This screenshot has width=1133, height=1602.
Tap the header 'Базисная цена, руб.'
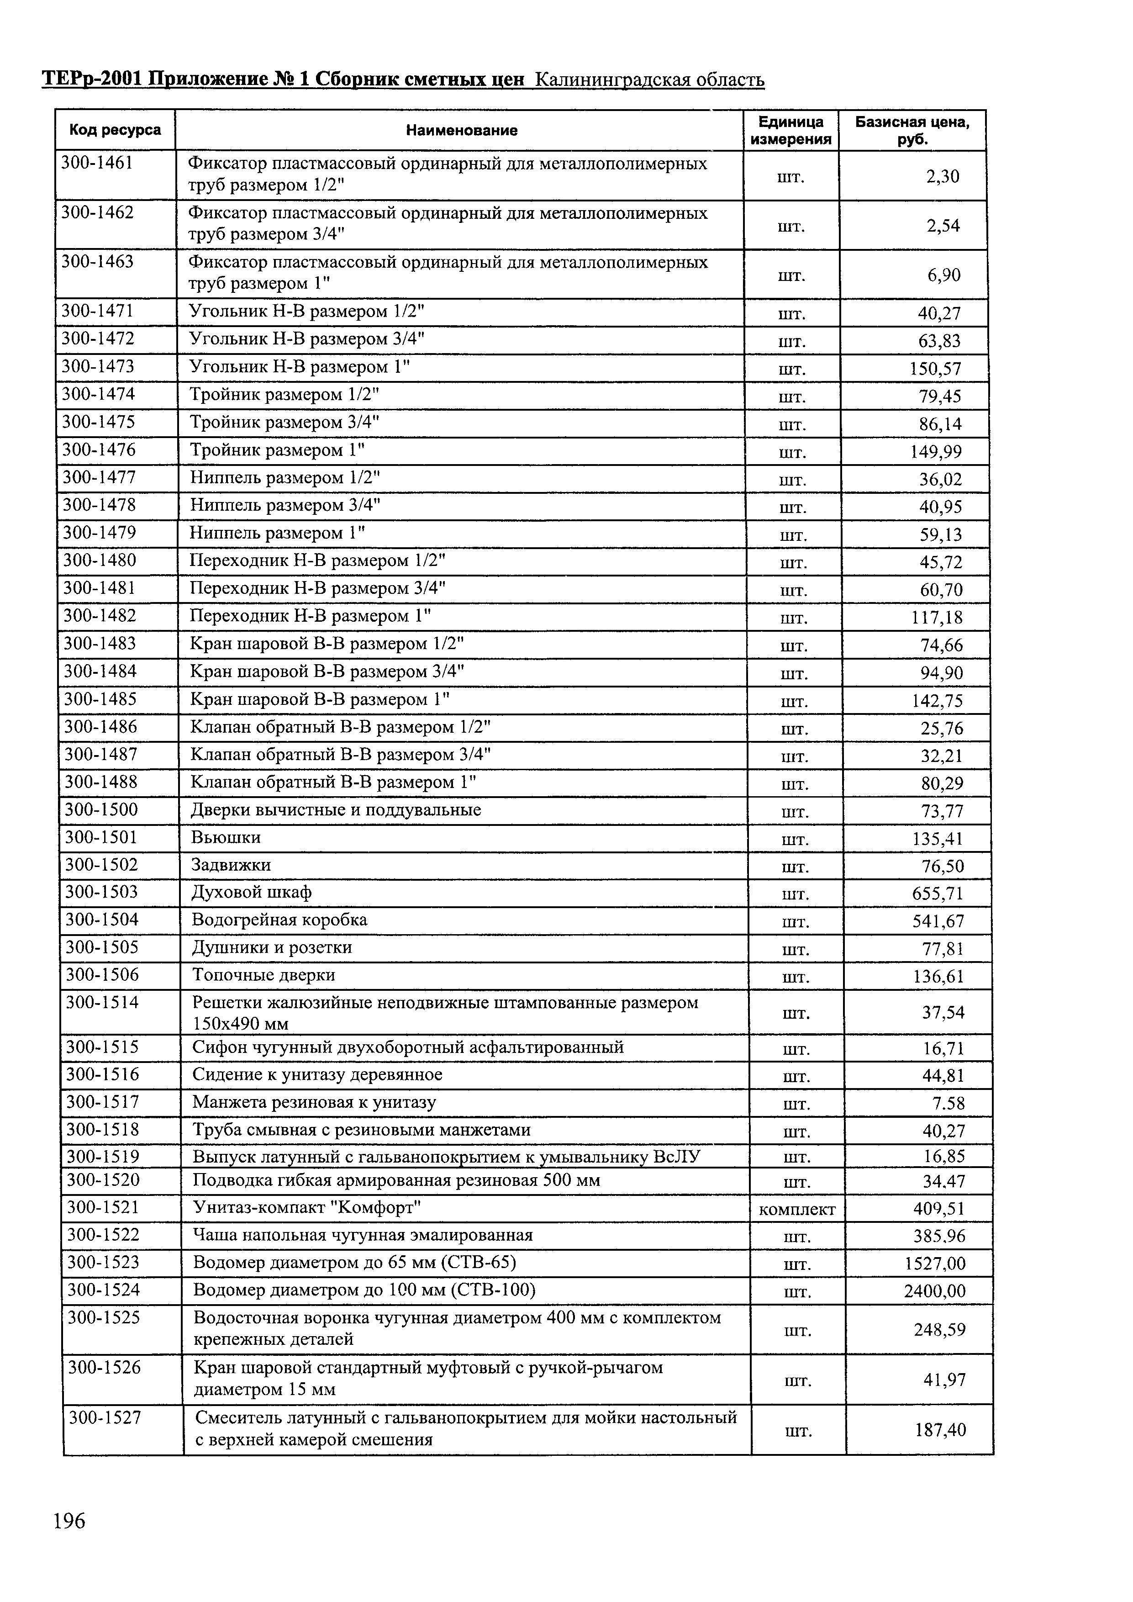coord(912,131)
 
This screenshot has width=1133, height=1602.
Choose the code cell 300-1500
coord(101,809)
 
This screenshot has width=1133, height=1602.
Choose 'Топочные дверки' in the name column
coord(263,975)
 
